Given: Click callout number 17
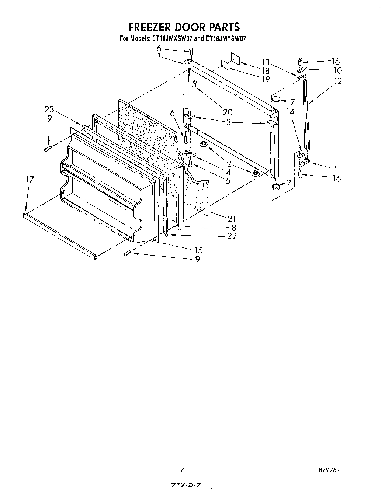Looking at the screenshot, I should click(30, 179).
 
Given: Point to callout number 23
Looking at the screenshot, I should click(49, 110).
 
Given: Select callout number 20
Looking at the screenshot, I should click(228, 112).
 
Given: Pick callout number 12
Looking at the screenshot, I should click(337, 81).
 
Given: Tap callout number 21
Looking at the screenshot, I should click(231, 219).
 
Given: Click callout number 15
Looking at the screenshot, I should click(198, 251).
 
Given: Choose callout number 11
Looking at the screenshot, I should click(336, 169).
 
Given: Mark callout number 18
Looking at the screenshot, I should click(265, 71).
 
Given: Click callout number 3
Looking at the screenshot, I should click(229, 122).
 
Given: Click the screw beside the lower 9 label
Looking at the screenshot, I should click(127, 253).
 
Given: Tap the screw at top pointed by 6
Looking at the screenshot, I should click(190, 51).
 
